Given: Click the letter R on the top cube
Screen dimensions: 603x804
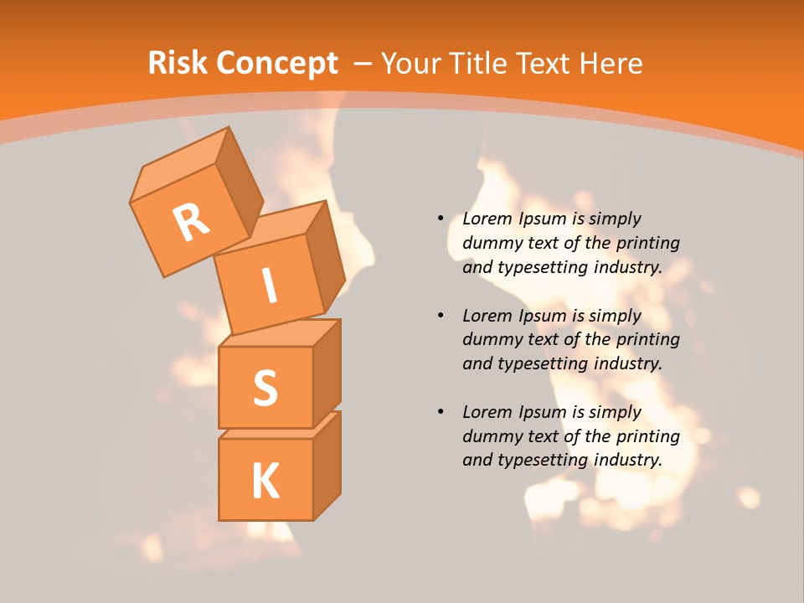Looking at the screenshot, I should point(191,223).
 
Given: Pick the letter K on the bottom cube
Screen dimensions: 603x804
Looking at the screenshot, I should point(265,481).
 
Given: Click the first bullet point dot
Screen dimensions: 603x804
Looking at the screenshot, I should point(441,219).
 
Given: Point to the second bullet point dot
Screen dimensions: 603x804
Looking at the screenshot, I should point(441,316).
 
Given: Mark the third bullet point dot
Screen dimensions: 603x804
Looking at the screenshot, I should point(441,412).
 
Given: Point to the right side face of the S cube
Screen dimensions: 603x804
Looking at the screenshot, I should point(327,373).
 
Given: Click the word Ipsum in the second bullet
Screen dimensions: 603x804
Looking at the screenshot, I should point(542,316).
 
